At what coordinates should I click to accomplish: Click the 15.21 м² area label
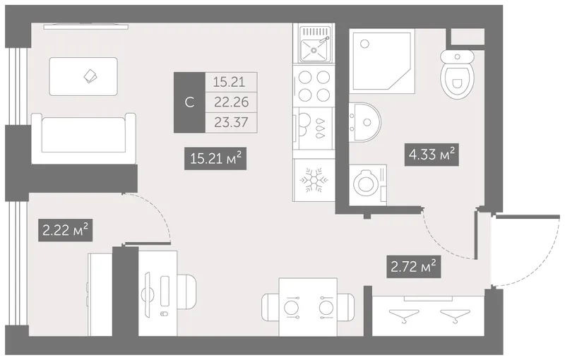pos(215,158)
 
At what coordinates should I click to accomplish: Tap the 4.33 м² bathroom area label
pos(432,155)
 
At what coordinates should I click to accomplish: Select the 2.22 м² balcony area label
pos(65,230)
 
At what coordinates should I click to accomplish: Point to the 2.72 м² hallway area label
pos(414,267)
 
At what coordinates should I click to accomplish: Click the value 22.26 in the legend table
pos(232,102)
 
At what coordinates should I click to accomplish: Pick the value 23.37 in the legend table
pos(232,122)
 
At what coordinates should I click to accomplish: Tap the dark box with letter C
pos(189,102)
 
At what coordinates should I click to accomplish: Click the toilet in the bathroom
pos(457,74)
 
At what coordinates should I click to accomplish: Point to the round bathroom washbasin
pos(364,122)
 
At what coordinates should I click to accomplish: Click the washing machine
pos(368,185)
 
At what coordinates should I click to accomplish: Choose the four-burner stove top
pos(314,85)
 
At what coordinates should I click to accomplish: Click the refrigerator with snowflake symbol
pos(314,179)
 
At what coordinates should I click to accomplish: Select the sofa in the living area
pos(83,138)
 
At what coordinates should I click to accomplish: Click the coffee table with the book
pos(83,76)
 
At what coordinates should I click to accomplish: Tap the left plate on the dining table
pos(291,308)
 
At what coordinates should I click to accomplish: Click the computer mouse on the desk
pos(164,313)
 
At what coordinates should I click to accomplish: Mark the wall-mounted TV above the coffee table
pos(86,26)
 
